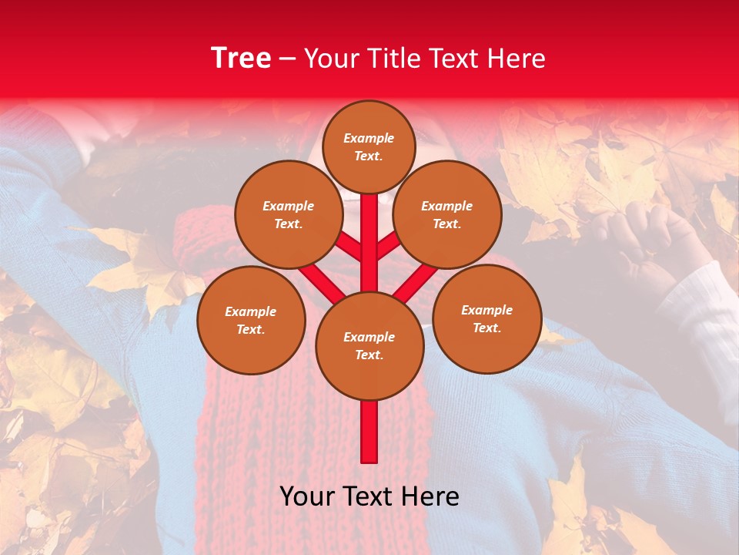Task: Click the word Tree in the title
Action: pos(241,58)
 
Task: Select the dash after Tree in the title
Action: pos(287,59)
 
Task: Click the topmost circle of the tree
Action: pos(369,146)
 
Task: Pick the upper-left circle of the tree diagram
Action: pos(288,214)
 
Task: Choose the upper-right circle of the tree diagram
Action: pos(446,214)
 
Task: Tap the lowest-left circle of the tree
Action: pos(250,320)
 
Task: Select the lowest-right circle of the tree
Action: pos(487,318)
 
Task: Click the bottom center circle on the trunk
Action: pos(369,345)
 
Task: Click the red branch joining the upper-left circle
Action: pos(350,247)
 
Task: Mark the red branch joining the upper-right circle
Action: pos(387,247)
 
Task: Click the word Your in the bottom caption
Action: pos(308,496)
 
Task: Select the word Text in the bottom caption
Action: pos(369,496)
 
